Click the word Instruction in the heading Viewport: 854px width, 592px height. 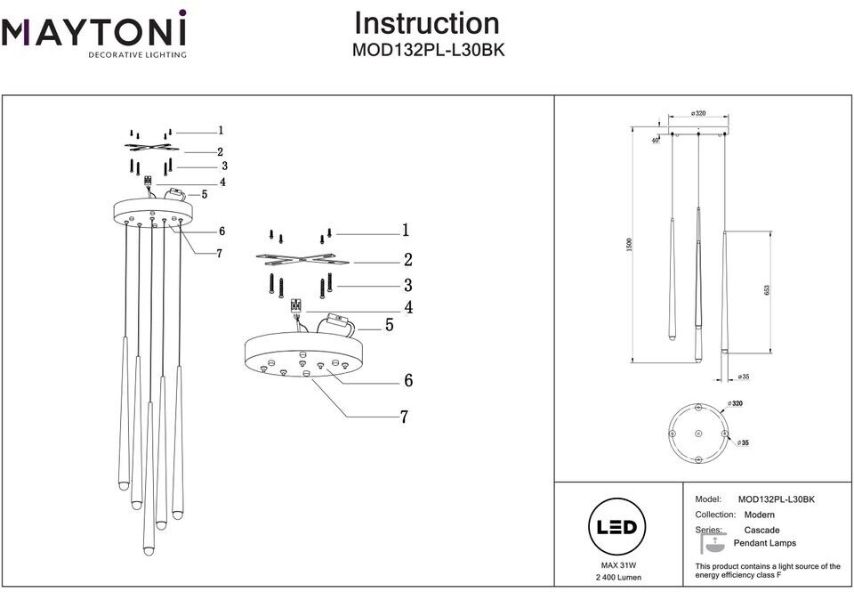(x=427, y=23)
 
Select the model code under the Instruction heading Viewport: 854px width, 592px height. (x=428, y=50)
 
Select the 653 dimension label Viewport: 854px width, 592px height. (x=767, y=290)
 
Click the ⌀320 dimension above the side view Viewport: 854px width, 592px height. (x=698, y=114)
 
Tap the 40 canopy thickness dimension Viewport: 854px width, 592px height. (x=655, y=140)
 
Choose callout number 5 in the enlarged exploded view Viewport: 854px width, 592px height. (x=389, y=326)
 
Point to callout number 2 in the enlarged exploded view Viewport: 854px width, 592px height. (x=407, y=261)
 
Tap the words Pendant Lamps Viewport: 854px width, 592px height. (x=764, y=543)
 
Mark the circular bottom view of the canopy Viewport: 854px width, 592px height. (x=699, y=433)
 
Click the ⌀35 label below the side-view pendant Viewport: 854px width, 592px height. (x=744, y=377)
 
